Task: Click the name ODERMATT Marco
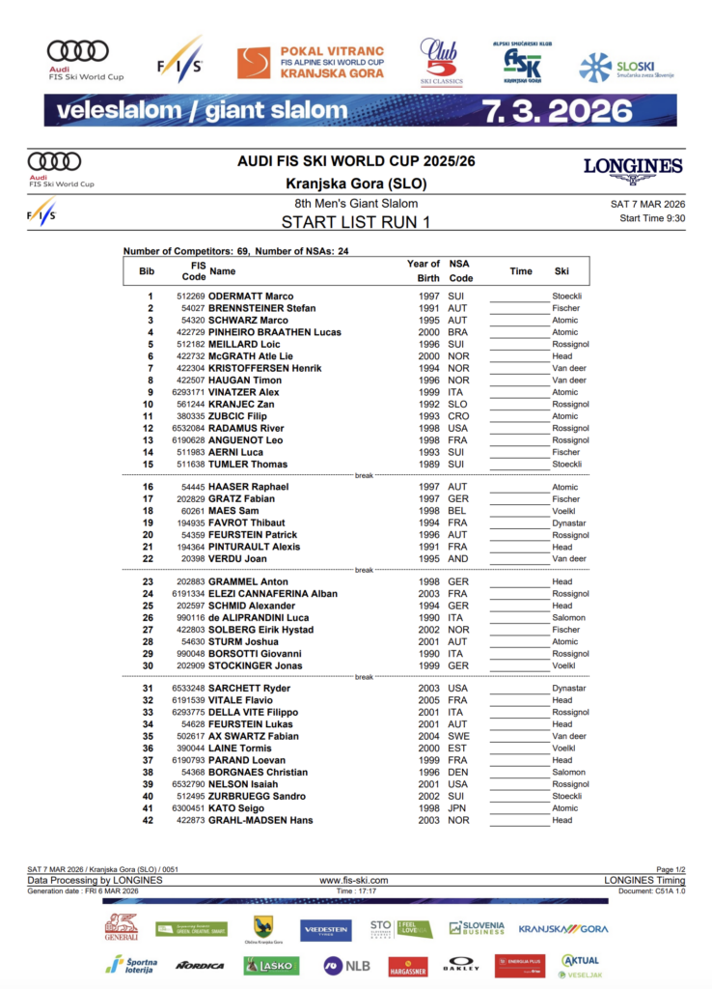(251, 297)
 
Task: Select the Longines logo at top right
(632, 168)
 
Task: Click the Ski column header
(561, 271)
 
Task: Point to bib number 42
(148, 820)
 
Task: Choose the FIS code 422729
(191, 332)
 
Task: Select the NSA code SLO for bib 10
(457, 404)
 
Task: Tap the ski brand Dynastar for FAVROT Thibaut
(569, 523)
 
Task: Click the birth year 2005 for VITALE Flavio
(429, 700)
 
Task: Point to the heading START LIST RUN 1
(356, 222)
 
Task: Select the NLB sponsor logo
(346, 965)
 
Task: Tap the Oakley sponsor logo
(461, 965)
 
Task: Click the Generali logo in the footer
(122, 927)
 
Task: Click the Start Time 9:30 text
(652, 218)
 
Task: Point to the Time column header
(521, 271)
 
